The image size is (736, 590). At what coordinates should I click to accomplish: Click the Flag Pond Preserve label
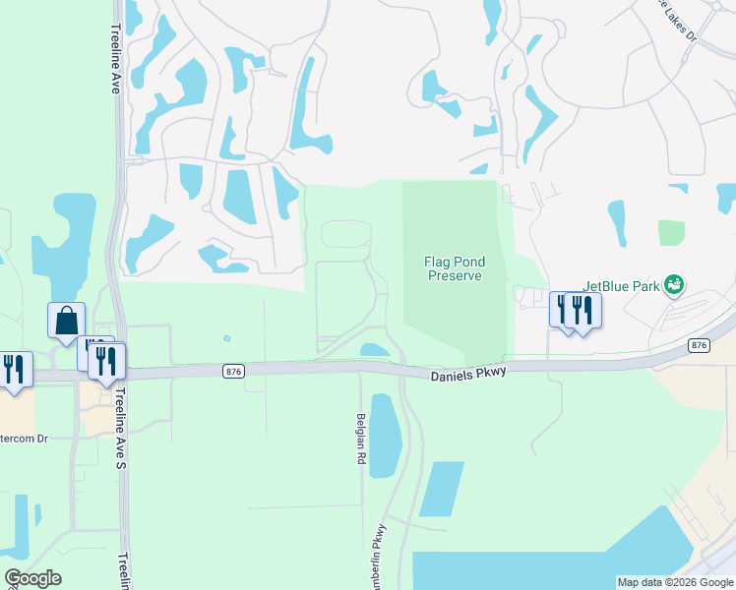coord(454,268)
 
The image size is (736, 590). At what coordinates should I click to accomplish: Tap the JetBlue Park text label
coord(620,286)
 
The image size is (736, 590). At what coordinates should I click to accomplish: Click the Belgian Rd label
coord(360,438)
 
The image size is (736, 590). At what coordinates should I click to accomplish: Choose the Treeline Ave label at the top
coord(115,53)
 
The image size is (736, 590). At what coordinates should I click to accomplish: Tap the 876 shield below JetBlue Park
coord(699,345)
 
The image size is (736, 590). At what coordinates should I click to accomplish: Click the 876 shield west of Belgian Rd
coord(233,371)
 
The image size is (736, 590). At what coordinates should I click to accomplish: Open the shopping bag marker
coord(66,321)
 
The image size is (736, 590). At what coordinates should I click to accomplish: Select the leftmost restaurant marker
coord(13,369)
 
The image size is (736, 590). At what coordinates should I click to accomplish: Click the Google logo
coord(33,578)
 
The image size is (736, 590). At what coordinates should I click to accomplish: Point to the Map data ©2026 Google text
coord(675,582)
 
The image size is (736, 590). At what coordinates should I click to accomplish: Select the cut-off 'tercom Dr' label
coord(24,438)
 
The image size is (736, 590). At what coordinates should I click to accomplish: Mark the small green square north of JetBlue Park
coord(671,232)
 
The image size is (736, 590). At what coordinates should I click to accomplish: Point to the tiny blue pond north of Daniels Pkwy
coord(227,339)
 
